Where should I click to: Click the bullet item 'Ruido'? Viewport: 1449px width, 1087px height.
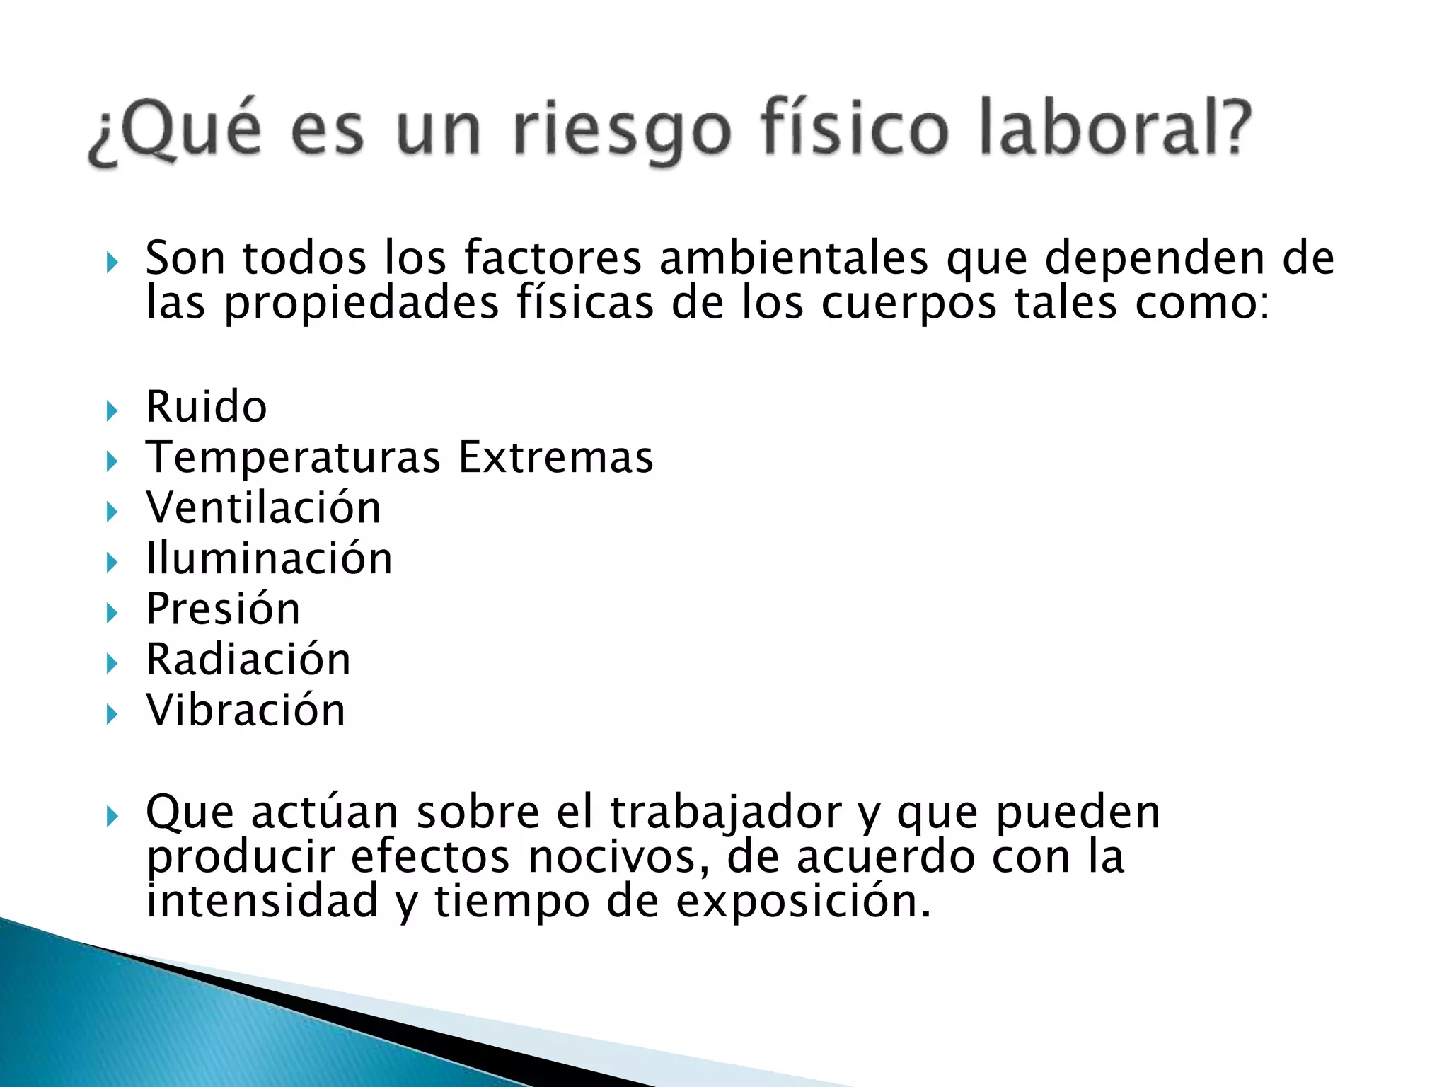(207, 407)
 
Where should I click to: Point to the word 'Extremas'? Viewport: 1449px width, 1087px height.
(556, 457)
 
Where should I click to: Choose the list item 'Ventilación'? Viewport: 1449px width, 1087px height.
(263, 507)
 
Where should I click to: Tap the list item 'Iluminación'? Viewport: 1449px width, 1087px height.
(269, 558)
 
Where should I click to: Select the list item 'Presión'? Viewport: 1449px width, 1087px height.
(223, 609)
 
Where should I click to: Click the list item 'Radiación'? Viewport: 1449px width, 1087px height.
(248, 660)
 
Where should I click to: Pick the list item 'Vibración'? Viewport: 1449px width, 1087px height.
(246, 710)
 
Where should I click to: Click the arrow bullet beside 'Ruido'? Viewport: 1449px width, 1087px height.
(112, 410)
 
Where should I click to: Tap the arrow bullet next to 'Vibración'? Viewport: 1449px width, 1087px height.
(112, 714)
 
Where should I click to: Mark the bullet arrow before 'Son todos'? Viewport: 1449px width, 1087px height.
(112, 263)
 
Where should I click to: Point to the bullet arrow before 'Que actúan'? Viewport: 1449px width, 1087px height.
(112, 817)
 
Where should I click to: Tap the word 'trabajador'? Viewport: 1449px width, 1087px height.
(726, 812)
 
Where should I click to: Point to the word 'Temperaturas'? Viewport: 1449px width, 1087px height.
(294, 457)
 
